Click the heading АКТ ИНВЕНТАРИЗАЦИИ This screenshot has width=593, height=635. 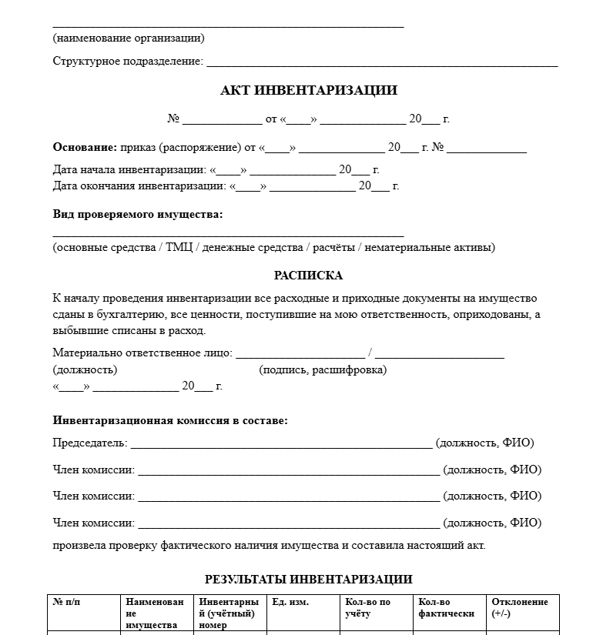(308, 91)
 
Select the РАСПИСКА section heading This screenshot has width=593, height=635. (308, 276)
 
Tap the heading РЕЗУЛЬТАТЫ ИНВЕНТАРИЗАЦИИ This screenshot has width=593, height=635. (308, 580)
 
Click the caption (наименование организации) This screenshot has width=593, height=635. (129, 38)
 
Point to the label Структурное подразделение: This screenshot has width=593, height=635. (128, 62)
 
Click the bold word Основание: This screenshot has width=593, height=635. (85, 148)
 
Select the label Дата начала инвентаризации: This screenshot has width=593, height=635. (129, 170)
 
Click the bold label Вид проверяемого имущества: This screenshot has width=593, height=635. (138, 215)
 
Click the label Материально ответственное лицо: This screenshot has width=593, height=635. (142, 353)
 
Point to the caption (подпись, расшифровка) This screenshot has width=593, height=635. (323, 370)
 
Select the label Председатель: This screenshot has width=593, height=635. (90, 443)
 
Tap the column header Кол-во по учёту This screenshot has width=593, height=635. (368, 607)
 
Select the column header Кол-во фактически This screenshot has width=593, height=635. (446, 607)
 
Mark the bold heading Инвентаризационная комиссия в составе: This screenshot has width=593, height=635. (170, 421)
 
